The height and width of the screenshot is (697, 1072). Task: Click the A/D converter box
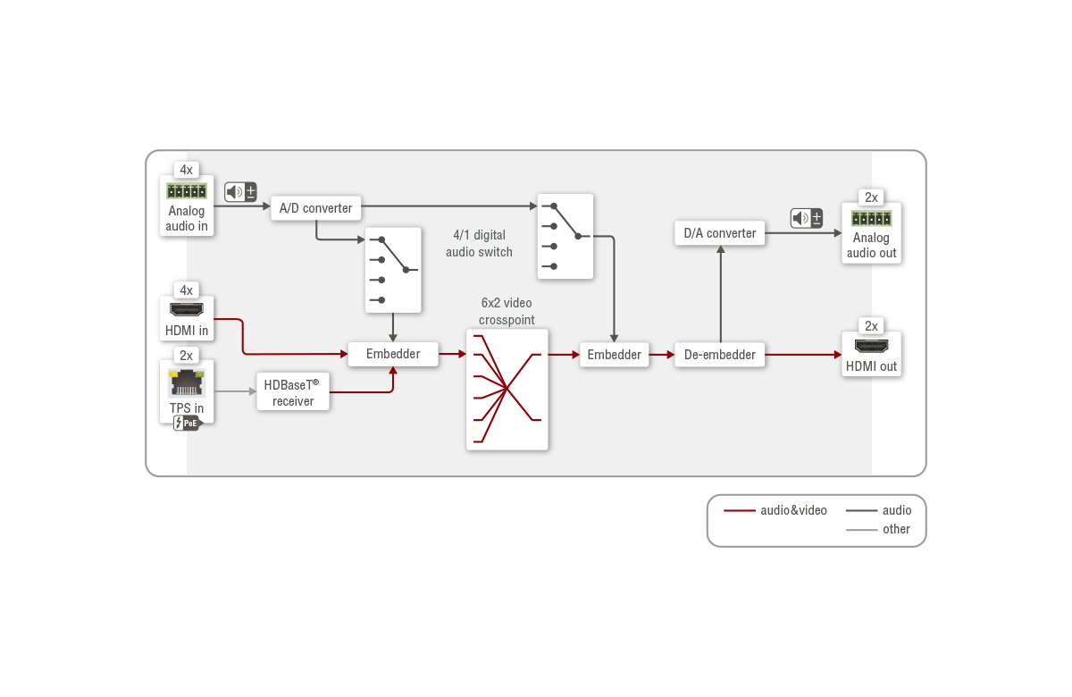[x=316, y=208]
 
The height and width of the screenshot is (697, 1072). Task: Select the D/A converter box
[x=720, y=233]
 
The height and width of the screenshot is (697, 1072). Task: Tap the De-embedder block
[x=720, y=355]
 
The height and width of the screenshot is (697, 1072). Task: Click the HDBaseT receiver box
[x=293, y=392]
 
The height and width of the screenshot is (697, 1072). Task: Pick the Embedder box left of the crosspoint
[x=393, y=354]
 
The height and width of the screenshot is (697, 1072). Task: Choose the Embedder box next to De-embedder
[x=614, y=355]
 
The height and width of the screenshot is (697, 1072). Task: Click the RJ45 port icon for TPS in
[x=187, y=383]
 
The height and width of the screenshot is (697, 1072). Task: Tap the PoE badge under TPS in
[x=188, y=424]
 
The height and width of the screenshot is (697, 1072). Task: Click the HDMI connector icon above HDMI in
[x=187, y=310]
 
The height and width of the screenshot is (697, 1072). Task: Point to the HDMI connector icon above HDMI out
[x=872, y=346]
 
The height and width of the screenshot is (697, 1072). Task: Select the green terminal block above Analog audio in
[x=187, y=191]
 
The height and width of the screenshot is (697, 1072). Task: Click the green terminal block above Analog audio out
[x=872, y=219]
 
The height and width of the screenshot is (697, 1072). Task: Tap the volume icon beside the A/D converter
[x=240, y=192]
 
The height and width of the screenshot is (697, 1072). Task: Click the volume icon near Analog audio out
[x=807, y=218]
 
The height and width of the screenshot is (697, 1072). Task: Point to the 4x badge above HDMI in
[x=186, y=290]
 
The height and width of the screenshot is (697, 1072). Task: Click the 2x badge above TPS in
[x=186, y=356]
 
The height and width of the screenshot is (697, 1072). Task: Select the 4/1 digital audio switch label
[x=479, y=243]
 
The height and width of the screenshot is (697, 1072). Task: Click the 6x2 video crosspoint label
[x=507, y=311]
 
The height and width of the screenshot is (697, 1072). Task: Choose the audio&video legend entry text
[x=793, y=510]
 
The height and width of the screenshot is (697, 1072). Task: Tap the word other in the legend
[x=896, y=529]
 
